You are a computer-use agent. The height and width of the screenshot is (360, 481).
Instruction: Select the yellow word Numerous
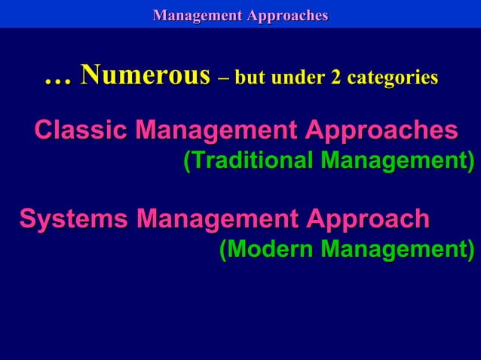coord(145,75)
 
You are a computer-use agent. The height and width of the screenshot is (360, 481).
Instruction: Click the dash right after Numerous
coord(222,78)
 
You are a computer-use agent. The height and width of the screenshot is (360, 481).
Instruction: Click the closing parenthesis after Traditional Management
coord(470,162)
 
